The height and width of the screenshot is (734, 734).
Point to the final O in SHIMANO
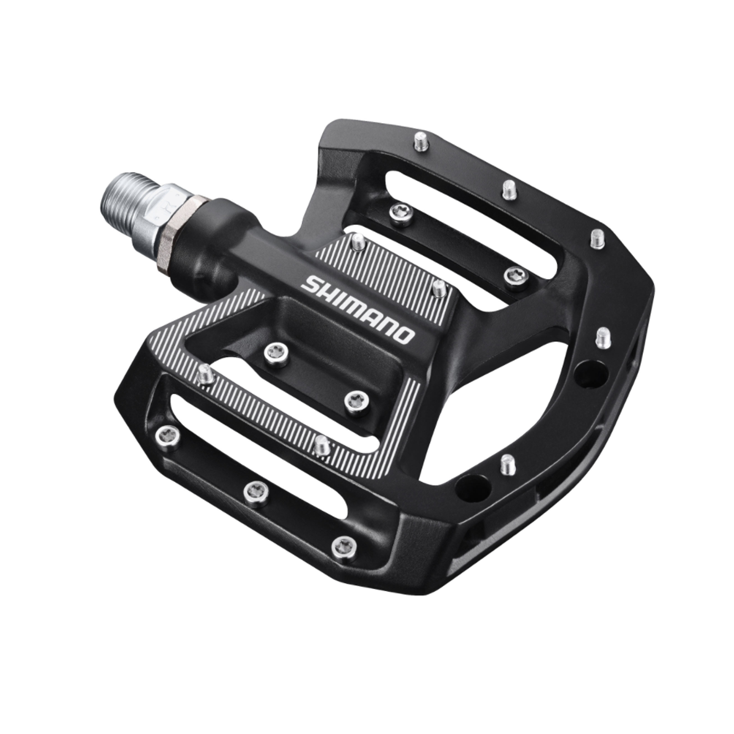point(406,336)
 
